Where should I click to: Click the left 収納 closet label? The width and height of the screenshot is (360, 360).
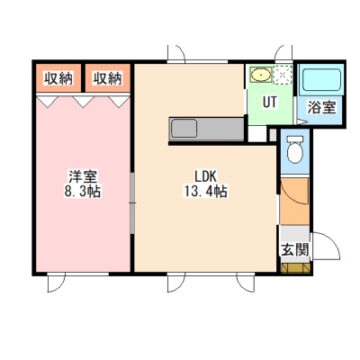point(58,78)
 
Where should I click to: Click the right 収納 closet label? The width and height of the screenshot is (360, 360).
point(107,78)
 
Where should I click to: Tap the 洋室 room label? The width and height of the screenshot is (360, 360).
point(83,176)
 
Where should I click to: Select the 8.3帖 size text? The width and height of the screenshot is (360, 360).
point(83,191)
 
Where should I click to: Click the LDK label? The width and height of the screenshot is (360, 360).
point(205,176)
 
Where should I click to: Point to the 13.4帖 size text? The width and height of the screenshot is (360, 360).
point(205,191)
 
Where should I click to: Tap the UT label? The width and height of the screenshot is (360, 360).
point(270,103)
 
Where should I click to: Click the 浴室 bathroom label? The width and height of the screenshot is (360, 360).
point(321,107)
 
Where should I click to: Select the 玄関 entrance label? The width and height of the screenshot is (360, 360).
point(294,249)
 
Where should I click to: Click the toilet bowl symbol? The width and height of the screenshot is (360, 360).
point(295,149)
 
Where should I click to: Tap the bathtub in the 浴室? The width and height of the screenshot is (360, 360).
point(321,81)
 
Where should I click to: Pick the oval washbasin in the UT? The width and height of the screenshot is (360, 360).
point(262,75)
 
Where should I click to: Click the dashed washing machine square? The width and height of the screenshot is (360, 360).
point(283,75)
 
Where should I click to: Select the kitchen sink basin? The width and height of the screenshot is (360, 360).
point(184,129)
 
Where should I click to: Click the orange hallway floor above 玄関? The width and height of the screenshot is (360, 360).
point(295,201)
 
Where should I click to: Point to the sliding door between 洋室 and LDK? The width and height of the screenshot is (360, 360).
point(132,203)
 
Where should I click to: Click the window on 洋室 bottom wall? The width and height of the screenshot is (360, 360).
point(78,274)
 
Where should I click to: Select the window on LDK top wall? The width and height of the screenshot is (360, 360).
point(197,62)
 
